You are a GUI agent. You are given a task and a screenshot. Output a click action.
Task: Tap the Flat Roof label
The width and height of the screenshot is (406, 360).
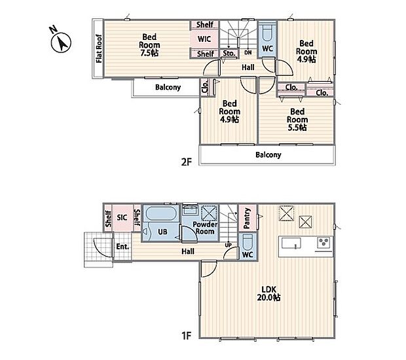(99, 48)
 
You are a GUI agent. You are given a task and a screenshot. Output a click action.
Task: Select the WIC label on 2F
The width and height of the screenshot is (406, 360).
(204, 39)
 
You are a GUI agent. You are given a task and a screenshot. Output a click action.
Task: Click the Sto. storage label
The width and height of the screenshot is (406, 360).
(229, 53)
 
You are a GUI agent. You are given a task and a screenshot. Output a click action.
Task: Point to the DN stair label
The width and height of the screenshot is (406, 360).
(248, 52)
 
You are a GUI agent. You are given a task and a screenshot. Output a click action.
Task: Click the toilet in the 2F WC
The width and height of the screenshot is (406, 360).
(267, 33)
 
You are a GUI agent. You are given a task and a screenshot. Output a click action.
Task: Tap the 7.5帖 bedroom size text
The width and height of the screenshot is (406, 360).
(149, 53)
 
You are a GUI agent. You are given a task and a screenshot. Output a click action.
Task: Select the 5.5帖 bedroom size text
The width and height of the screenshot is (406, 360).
(297, 128)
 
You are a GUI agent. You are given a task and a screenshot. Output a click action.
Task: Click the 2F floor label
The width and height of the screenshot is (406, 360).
(186, 162)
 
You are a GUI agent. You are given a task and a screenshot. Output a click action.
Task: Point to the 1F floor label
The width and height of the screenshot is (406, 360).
(186, 336)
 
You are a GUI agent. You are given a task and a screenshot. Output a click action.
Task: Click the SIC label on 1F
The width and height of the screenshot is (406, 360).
(122, 217)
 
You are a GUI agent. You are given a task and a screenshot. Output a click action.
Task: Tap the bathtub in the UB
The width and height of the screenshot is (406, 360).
(160, 214)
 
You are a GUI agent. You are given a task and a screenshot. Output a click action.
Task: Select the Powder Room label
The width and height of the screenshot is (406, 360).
(205, 228)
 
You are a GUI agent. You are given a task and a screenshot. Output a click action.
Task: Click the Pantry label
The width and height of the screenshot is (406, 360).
(247, 218)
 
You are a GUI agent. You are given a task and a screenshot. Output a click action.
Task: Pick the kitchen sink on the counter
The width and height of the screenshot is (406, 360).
(291, 243)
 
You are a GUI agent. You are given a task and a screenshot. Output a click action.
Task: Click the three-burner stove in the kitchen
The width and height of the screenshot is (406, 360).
(323, 243)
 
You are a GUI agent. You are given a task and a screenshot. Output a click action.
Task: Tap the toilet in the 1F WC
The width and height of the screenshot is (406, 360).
(248, 242)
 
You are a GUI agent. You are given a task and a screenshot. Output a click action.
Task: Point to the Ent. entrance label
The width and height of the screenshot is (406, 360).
(122, 247)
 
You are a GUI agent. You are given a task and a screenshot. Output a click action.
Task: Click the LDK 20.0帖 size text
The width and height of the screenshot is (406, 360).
(268, 293)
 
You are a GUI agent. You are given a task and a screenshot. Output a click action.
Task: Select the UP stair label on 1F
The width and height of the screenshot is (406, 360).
(228, 245)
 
